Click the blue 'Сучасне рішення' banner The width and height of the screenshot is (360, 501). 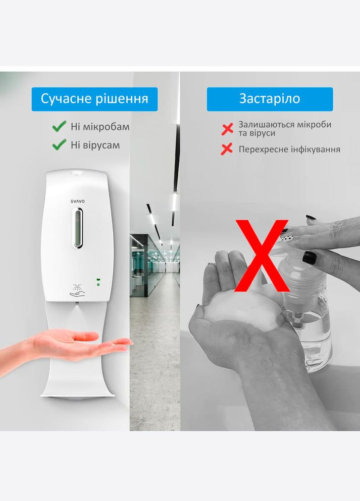[x=94, y=99]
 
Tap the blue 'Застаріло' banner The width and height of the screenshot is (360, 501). [x=270, y=99]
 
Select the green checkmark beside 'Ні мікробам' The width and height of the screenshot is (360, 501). [x=60, y=126]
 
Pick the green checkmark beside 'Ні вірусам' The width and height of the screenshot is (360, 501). [x=60, y=145]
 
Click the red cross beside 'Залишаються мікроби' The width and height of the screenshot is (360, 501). [x=227, y=128]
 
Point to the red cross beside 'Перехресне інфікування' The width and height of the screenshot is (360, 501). [x=227, y=149]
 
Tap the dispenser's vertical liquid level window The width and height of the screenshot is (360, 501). [x=77, y=229]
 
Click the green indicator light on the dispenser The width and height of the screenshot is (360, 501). [x=98, y=279]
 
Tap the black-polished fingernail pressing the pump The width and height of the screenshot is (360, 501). [x=309, y=258]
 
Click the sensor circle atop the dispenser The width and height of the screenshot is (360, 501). [x=77, y=174]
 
